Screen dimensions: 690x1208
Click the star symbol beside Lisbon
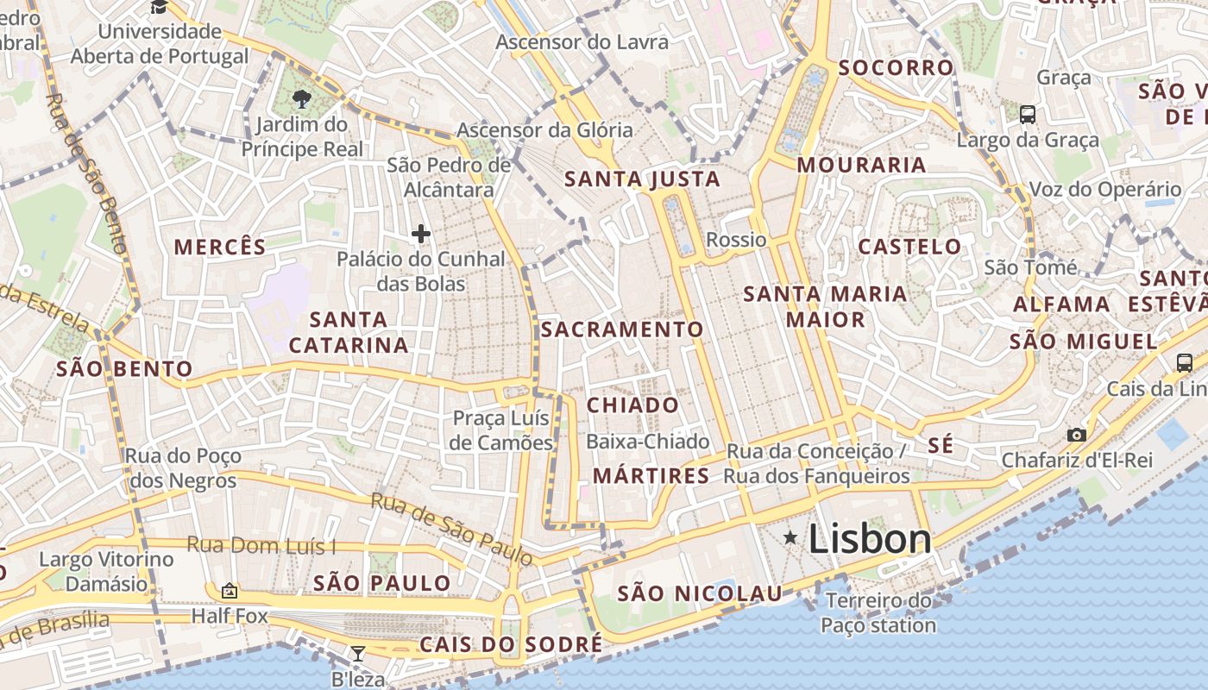click(790, 538)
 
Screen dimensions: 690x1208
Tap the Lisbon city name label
click(870, 539)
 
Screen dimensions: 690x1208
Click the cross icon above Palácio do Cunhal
click(421, 234)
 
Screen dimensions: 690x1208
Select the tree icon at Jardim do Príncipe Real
click(301, 98)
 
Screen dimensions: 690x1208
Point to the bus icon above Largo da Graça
click(1027, 114)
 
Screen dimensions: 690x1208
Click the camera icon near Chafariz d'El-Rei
click(1076, 435)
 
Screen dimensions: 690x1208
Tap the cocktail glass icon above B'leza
click(357, 653)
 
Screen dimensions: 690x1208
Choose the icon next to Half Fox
click(229, 591)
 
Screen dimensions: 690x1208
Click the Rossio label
click(736, 240)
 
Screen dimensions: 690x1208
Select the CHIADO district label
click(633, 405)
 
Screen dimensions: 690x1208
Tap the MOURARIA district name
click(861, 165)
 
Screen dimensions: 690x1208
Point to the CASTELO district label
click(909, 247)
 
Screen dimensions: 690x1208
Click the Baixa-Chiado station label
click(647, 442)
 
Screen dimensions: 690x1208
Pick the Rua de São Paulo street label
click(451, 529)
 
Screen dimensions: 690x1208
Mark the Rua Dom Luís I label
click(261, 545)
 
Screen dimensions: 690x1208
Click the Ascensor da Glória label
click(544, 130)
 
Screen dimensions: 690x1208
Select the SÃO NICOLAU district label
click(700, 593)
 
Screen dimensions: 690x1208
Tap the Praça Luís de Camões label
click(502, 430)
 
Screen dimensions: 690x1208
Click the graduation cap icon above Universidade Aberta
click(160, 8)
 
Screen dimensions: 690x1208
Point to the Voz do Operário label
click(1105, 190)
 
